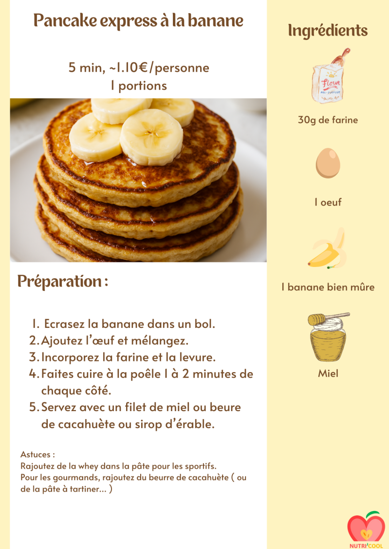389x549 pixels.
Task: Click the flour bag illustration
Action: coord(329,76)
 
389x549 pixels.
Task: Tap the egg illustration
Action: coord(328,163)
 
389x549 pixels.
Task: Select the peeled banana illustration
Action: coord(328,249)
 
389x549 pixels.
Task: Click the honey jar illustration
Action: coord(328,337)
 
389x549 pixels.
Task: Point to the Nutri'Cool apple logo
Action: coord(366,529)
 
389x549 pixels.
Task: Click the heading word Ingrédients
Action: coord(328,31)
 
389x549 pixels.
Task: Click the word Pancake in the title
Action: coord(65,21)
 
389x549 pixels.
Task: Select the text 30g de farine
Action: coord(328,120)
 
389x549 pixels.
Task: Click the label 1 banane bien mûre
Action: coord(328,287)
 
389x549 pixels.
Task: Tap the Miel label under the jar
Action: coord(328,374)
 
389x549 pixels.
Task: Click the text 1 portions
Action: coord(139,86)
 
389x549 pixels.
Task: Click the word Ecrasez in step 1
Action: coord(64,324)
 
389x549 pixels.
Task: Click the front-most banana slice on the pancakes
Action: coord(151,137)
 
